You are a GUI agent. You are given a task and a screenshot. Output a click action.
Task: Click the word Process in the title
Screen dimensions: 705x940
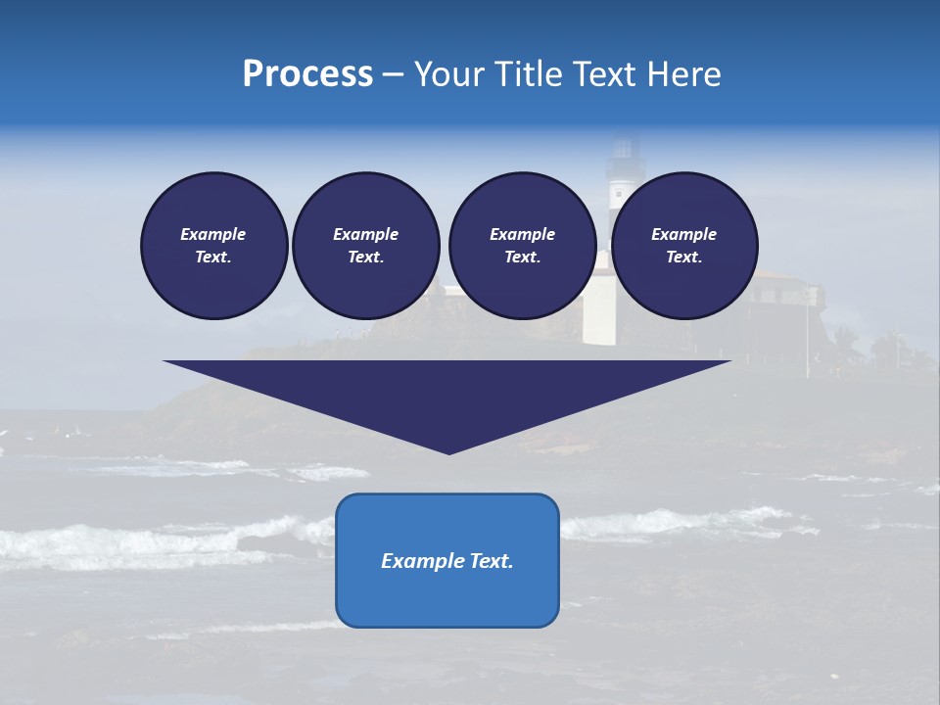(x=307, y=74)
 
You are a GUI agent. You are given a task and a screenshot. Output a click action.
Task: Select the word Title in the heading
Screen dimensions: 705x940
(x=535, y=74)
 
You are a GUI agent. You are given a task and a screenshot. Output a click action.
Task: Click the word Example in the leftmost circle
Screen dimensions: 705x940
(x=213, y=234)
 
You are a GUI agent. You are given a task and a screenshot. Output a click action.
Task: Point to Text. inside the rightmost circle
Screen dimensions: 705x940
(x=683, y=257)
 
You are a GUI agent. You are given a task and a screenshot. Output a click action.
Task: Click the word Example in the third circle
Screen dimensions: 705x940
(x=522, y=234)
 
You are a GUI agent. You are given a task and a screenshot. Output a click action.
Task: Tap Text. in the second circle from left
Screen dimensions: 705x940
(x=365, y=257)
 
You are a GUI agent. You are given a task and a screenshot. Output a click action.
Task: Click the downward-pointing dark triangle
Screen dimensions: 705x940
(x=447, y=392)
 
